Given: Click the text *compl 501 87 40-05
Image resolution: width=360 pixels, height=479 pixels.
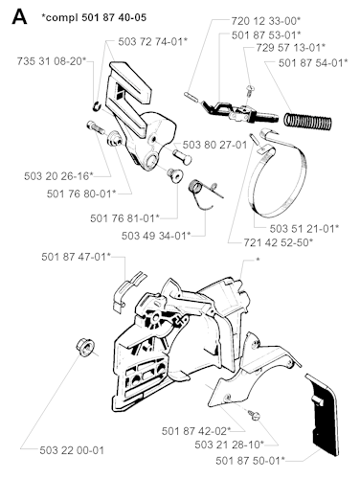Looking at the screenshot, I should [x=90, y=16].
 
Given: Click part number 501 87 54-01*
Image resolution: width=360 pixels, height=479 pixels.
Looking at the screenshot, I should [x=315, y=63].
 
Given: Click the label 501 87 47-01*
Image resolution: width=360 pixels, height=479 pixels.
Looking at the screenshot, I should [x=77, y=256].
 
